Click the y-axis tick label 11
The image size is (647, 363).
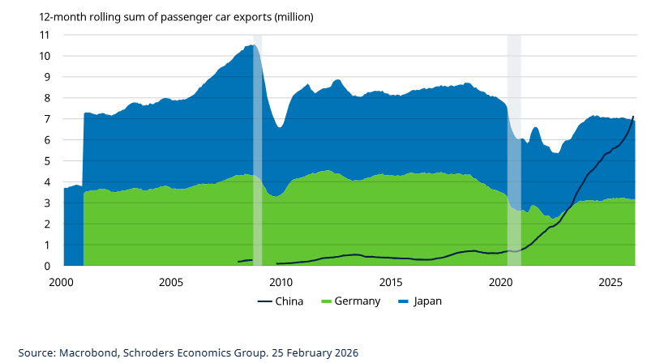pyautogui.click(x=45, y=35)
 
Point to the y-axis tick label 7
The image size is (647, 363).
pyautogui.click(x=47, y=119)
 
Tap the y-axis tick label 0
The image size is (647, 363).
pyautogui.click(x=47, y=266)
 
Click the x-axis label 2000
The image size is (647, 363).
pyautogui.click(x=62, y=283)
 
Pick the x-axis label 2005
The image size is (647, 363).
pyautogui.click(x=171, y=283)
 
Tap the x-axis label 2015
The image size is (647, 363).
pyautogui.click(x=391, y=283)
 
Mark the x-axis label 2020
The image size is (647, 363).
pyautogui.click(x=501, y=283)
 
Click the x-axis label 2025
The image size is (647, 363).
pyautogui.click(x=611, y=283)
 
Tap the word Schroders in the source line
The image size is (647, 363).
pyautogui.click(x=151, y=353)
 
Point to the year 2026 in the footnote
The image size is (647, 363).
pyautogui.click(x=344, y=353)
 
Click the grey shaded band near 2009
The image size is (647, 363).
pyautogui.click(x=258, y=146)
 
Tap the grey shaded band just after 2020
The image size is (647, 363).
pyautogui.click(x=514, y=146)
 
